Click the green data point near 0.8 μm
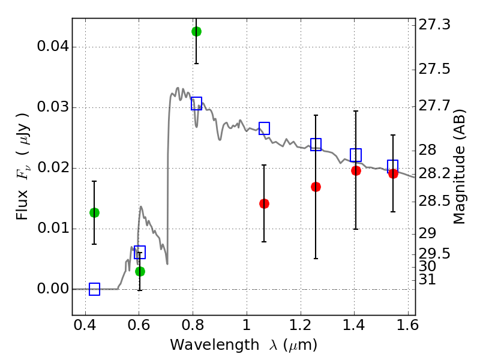click(196, 31)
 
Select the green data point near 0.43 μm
click(94, 212)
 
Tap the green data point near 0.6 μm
click(140, 271)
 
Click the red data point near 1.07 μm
click(264, 203)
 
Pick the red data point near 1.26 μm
click(316, 187)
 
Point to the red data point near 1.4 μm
click(356, 170)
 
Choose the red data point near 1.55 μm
click(393, 173)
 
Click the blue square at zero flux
click(94, 289)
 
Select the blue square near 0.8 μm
click(196, 103)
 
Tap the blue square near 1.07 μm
click(264, 128)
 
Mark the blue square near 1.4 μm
click(356, 155)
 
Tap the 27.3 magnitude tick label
click(437, 25)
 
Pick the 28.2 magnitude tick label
click(437, 173)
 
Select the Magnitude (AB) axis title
click(460, 169)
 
